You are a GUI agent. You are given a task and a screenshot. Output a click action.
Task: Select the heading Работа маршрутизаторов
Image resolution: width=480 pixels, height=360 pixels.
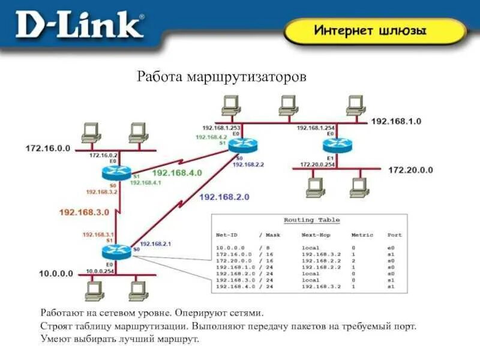(x=221, y=77)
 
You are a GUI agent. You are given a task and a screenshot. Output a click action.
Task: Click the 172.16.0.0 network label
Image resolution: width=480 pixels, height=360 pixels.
(x=47, y=147)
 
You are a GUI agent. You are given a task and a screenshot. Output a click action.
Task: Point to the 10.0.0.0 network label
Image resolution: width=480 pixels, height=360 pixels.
(x=56, y=274)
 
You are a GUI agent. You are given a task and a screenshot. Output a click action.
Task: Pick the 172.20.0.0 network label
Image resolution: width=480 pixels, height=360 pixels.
(x=410, y=170)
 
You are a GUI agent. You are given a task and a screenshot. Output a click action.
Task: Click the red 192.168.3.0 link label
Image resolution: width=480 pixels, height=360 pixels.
(x=84, y=212)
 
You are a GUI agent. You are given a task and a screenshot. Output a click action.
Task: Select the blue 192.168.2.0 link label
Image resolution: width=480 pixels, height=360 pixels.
(x=223, y=196)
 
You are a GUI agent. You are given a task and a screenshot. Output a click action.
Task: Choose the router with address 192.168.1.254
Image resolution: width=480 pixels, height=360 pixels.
(x=330, y=145)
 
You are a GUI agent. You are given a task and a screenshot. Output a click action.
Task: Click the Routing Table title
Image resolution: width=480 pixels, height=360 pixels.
(x=311, y=220)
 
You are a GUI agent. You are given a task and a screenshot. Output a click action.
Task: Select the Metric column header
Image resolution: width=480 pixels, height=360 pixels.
(x=362, y=235)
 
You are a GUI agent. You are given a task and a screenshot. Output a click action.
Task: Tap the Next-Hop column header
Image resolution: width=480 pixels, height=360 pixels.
(x=316, y=235)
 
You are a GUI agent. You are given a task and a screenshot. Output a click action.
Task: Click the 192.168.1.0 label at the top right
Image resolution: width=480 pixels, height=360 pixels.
(x=396, y=121)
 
